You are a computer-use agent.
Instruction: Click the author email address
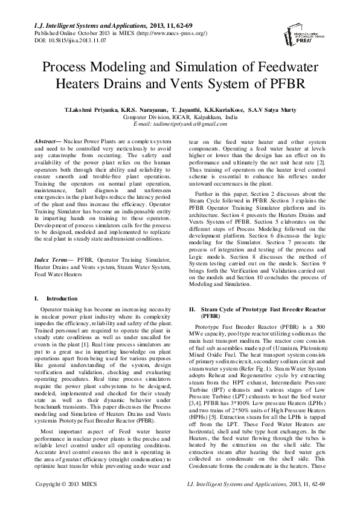tap(179, 124)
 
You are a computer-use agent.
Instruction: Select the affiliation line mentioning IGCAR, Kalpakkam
tap(179, 117)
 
